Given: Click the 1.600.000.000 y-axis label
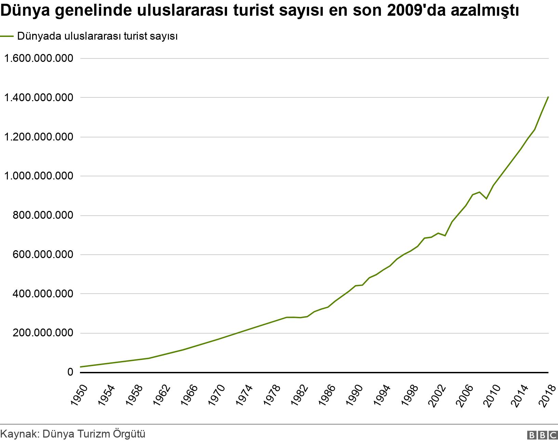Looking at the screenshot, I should pyautogui.click(x=38, y=58).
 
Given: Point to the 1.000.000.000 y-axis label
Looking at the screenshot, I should pyautogui.click(x=38, y=176).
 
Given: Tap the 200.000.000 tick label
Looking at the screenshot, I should pyautogui.click(x=43, y=333).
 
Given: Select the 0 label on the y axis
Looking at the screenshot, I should pyautogui.click(x=70, y=372).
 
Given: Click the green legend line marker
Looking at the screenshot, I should pyautogui.click(x=7, y=36).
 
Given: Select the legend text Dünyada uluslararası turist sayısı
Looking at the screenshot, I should pyautogui.click(x=97, y=36).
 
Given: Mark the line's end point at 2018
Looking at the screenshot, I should pyautogui.click(x=548, y=97).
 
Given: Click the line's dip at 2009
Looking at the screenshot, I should pyautogui.click(x=486, y=199).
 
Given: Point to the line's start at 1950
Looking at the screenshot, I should pyautogui.click(x=80, y=367).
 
